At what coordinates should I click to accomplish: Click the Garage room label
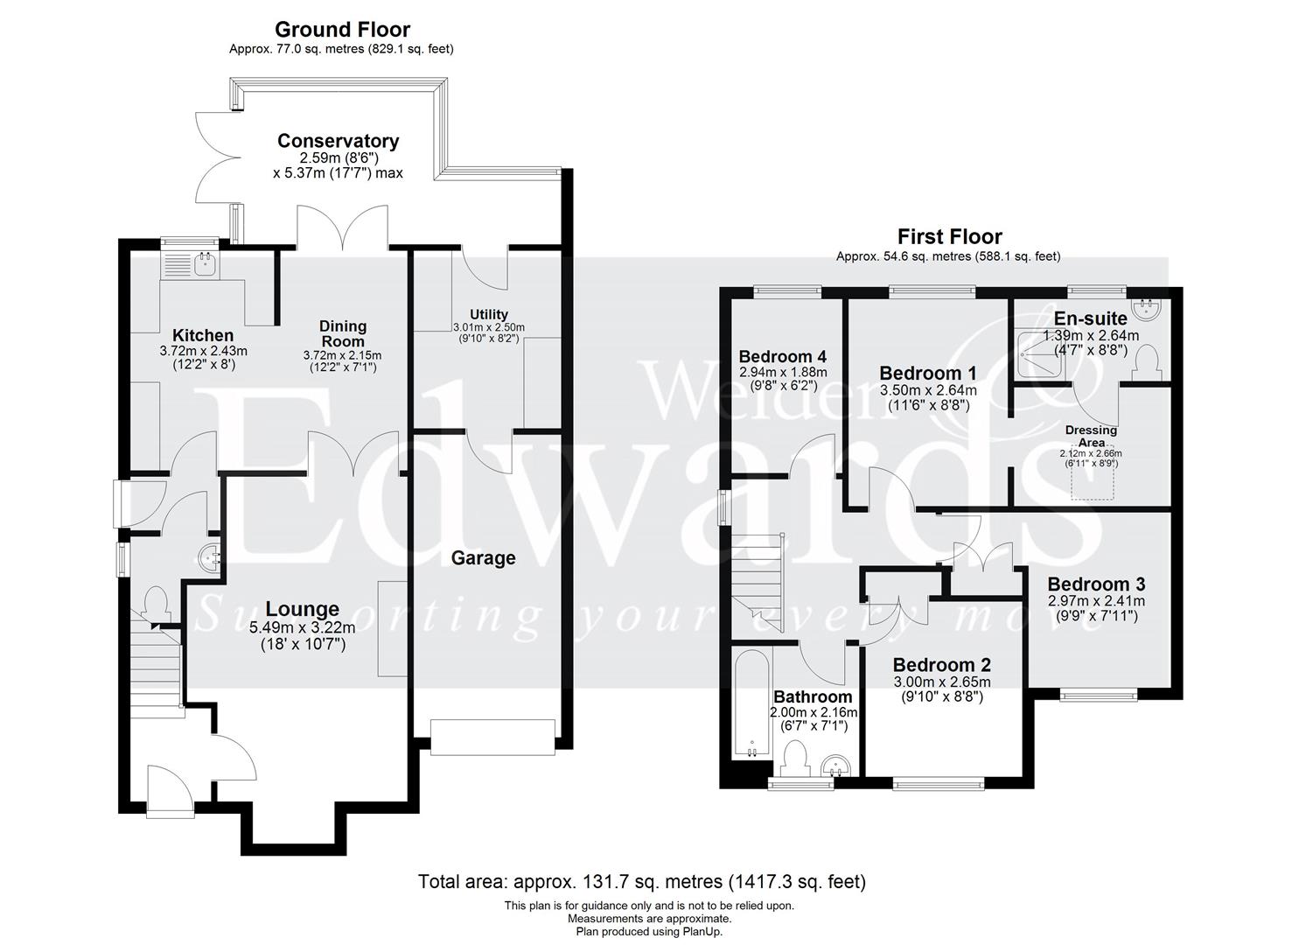(483, 558)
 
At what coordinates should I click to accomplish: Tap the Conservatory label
(338, 141)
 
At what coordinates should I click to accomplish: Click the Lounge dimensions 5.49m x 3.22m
(303, 627)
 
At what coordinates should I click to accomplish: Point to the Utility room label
(488, 314)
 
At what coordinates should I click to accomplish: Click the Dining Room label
(342, 332)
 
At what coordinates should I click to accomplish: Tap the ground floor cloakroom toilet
(157, 603)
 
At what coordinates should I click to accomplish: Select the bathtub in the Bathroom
(751, 703)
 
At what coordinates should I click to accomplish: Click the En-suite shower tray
(1041, 354)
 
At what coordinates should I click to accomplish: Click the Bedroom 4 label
(782, 357)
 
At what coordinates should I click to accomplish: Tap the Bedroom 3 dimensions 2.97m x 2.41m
(1096, 601)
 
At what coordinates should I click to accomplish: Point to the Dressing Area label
(1091, 436)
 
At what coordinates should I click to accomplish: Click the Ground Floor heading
(342, 31)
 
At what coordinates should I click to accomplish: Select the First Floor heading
(949, 236)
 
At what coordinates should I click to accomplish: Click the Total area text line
(641, 881)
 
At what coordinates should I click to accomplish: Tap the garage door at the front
(493, 736)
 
